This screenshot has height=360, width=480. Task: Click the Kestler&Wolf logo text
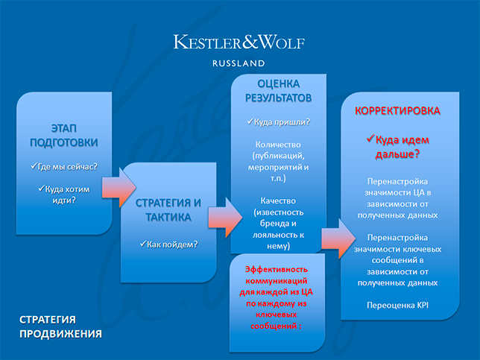(239, 42)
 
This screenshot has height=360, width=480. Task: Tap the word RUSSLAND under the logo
(239, 63)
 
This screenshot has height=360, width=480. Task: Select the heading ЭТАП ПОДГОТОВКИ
(64, 136)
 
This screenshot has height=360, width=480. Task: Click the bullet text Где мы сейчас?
(64, 167)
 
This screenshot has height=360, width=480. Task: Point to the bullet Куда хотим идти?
(64, 195)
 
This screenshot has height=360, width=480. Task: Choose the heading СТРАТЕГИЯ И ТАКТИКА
(168, 210)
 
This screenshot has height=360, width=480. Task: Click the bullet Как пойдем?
(168, 244)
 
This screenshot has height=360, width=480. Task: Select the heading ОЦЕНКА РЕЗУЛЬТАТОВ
(278, 91)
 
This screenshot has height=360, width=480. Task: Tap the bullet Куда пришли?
(278, 122)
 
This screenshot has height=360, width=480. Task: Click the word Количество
(278, 145)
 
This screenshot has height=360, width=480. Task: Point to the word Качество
(278, 200)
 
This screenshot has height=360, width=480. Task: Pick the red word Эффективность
(277, 269)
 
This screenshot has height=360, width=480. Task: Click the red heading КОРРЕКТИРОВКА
(397, 110)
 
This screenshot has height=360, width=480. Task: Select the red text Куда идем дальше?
(398, 147)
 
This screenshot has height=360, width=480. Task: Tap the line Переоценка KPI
(398, 305)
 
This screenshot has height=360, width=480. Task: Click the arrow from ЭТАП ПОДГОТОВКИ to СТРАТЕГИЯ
(119, 188)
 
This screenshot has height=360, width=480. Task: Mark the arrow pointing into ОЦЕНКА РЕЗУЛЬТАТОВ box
(225, 218)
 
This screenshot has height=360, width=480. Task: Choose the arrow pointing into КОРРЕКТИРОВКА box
(338, 239)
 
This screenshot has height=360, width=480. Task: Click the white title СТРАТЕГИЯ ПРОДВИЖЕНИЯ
(60, 326)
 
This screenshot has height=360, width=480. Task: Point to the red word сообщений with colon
(276, 326)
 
